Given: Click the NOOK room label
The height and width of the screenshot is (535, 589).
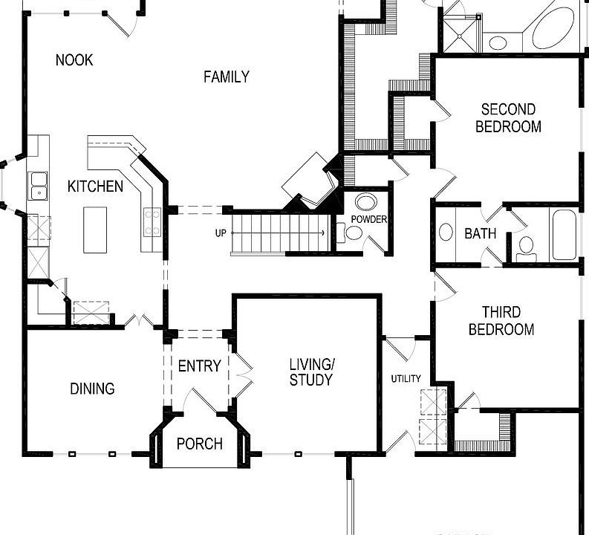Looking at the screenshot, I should (x=74, y=60).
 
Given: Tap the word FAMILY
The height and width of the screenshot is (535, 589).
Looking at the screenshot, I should (x=227, y=77).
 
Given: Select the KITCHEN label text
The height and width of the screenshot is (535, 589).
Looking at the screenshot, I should (x=95, y=186).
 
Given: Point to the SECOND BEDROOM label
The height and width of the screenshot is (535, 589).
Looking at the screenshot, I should (x=508, y=118).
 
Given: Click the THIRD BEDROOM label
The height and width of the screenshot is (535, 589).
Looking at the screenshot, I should (x=501, y=321).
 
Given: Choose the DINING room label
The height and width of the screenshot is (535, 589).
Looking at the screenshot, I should (x=92, y=389).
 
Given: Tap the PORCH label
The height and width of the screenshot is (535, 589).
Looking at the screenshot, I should (x=199, y=444).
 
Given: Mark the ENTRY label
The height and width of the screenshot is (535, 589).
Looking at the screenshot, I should (x=199, y=366).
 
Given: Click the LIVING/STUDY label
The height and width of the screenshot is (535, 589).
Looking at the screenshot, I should (x=311, y=372).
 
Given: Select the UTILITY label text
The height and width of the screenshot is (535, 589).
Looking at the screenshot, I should (x=406, y=379).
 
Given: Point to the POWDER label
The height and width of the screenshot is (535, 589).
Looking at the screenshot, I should (x=369, y=220).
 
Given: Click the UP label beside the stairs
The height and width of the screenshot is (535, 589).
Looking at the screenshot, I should (x=221, y=233).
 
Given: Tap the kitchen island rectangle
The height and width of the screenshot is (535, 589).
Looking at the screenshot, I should (x=95, y=230).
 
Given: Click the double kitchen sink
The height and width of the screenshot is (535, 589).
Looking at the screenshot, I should (x=37, y=186).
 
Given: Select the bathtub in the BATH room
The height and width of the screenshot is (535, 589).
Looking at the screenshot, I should (x=564, y=234).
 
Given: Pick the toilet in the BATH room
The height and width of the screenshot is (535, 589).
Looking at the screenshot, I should (x=526, y=246).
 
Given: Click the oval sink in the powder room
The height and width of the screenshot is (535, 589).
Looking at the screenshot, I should (x=365, y=202).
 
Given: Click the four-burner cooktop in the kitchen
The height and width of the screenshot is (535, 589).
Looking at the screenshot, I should (x=153, y=222).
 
